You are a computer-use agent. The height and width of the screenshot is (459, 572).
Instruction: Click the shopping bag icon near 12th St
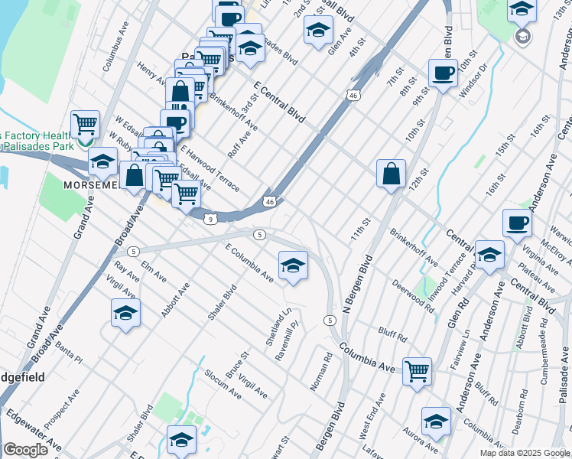[391, 173]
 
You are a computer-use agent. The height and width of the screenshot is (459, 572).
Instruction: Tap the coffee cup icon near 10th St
[443, 73]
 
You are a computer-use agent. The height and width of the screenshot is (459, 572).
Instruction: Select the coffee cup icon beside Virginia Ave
[517, 223]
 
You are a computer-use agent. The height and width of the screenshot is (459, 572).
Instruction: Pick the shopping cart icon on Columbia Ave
[418, 371]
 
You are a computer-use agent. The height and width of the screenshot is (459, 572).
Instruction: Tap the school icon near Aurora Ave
[436, 422]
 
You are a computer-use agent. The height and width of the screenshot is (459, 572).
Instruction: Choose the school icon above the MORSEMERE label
[102, 161]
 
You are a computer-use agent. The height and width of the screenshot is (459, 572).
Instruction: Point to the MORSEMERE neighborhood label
[91, 186]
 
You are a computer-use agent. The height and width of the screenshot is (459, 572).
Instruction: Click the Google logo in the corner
[25, 450]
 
